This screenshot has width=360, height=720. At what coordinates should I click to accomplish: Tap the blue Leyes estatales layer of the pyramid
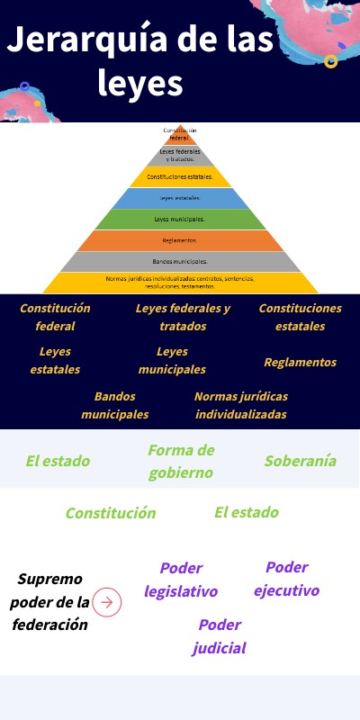[x=180, y=198]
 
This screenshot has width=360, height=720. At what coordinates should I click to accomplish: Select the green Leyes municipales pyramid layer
[x=180, y=219]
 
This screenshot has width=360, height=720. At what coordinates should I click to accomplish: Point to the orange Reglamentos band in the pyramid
[x=180, y=240]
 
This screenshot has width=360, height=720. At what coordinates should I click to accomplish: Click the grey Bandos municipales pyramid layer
[x=180, y=261]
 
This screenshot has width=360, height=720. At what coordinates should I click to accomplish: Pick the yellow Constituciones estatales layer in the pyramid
[x=180, y=176]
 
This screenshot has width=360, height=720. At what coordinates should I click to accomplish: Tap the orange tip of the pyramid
[x=180, y=135]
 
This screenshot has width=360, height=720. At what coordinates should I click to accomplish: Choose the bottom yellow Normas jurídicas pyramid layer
[x=180, y=283]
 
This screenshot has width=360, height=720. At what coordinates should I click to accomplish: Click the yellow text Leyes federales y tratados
[x=183, y=317]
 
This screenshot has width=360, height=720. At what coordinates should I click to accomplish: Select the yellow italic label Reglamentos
[x=300, y=362]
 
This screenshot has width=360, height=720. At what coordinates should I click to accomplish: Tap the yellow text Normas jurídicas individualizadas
[x=241, y=405]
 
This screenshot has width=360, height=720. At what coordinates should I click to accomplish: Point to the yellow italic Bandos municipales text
[x=115, y=405]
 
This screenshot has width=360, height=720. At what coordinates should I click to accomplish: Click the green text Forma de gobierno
[x=181, y=461]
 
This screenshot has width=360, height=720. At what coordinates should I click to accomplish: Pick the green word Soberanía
[x=300, y=461]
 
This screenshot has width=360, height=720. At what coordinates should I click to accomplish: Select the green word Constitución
[x=110, y=513]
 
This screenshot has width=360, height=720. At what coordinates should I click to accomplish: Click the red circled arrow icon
[x=107, y=602]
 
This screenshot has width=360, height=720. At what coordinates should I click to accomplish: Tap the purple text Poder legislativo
[x=181, y=580]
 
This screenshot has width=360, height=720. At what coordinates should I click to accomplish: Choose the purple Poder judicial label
[x=219, y=636]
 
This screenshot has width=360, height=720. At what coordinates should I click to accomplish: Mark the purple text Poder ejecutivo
[x=286, y=579]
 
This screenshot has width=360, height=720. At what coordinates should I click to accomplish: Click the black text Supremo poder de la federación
[x=50, y=601]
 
